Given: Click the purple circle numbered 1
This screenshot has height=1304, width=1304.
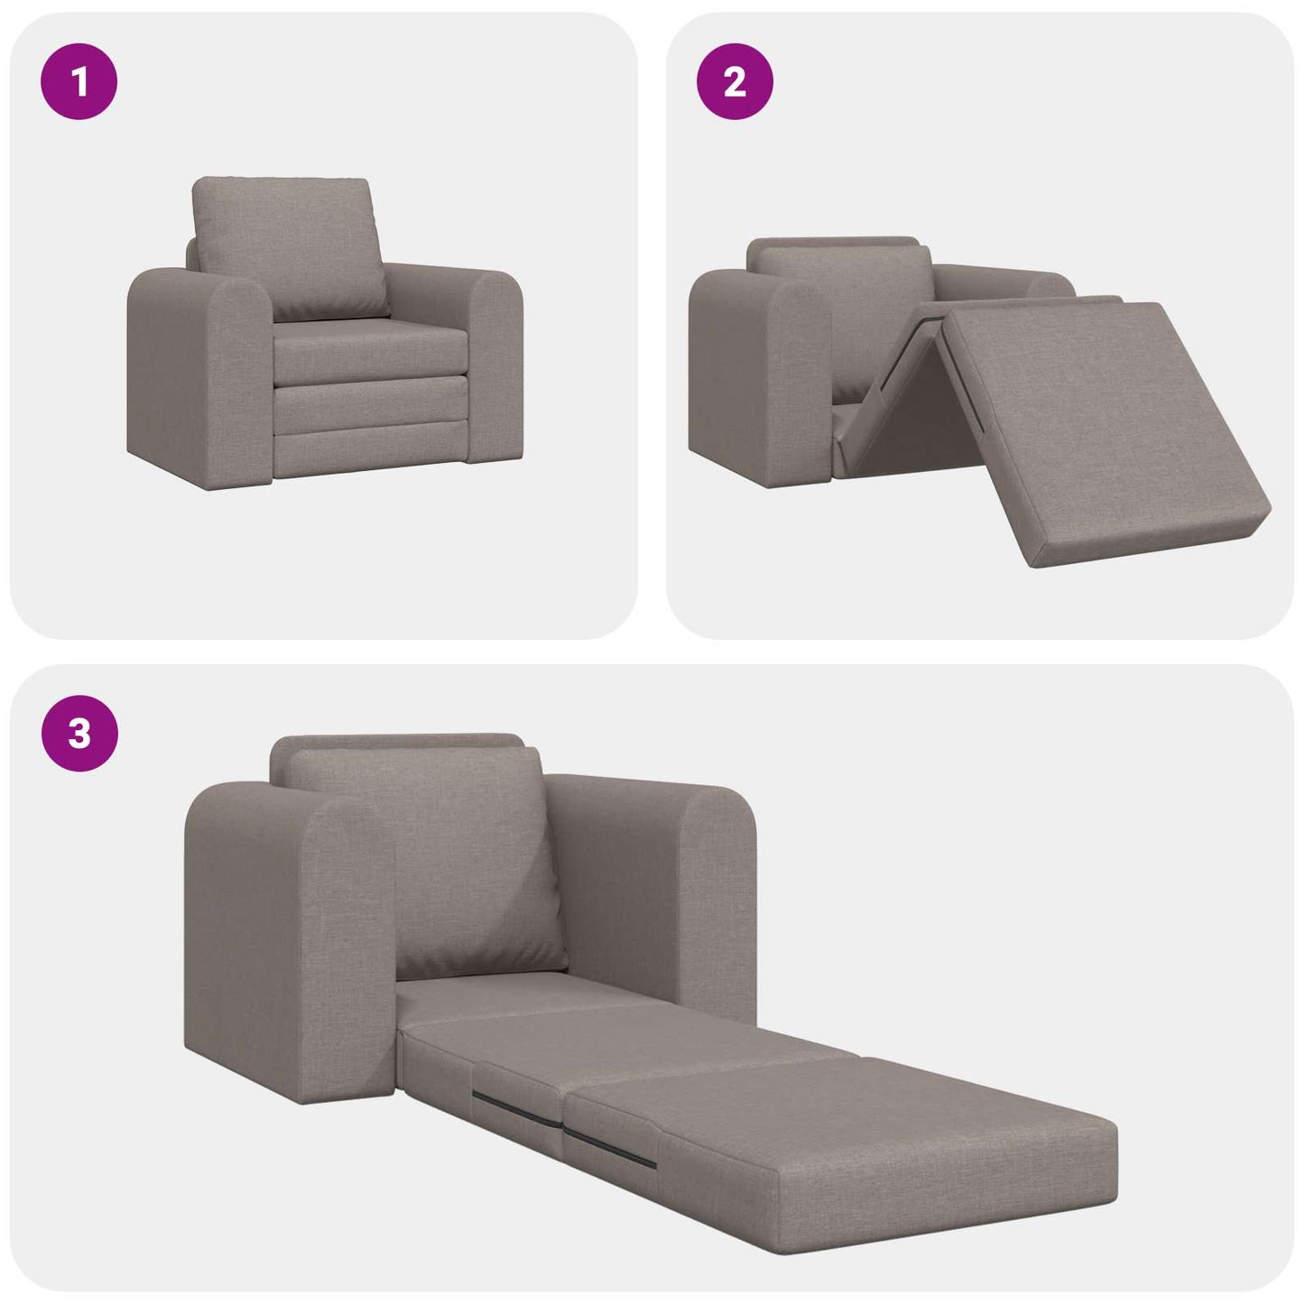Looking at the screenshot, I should (79, 82).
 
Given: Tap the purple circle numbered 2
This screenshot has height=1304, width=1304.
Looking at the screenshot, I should (735, 82).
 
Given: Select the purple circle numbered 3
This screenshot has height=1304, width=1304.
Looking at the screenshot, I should (79, 734).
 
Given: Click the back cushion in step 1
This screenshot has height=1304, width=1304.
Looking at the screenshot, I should (291, 246).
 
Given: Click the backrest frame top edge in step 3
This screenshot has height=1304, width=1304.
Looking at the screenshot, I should (397, 742).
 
